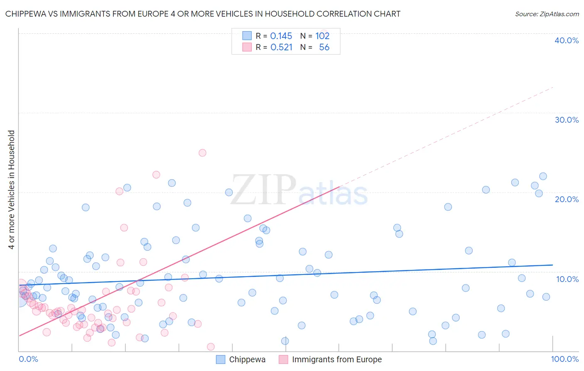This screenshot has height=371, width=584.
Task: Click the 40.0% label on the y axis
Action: click(566, 40)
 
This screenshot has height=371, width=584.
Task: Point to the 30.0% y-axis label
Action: click(566, 120)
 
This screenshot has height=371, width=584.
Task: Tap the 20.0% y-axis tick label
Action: click(566, 199)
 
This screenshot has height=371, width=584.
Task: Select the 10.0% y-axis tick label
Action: click(567, 279)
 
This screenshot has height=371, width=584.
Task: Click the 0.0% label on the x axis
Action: click(28, 359)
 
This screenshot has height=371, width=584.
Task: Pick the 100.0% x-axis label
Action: click(564, 359)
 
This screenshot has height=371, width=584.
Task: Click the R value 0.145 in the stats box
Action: click(281, 36)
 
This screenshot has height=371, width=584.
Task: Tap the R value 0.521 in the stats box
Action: click(281, 47)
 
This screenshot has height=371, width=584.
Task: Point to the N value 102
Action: click(322, 36)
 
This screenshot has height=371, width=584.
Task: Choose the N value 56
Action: click(324, 47)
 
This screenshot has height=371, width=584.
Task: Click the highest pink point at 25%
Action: click(202, 153)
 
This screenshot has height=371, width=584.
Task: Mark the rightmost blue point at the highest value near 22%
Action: click(543, 176)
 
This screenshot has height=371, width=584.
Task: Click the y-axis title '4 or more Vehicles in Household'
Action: click(12, 190)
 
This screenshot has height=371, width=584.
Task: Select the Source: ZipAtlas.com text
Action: click(547, 14)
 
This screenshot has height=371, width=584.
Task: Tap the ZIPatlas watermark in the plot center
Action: click(299, 190)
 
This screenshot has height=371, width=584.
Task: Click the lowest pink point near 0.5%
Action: click(211, 347)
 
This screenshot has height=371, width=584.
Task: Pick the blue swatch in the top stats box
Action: click(247, 36)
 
